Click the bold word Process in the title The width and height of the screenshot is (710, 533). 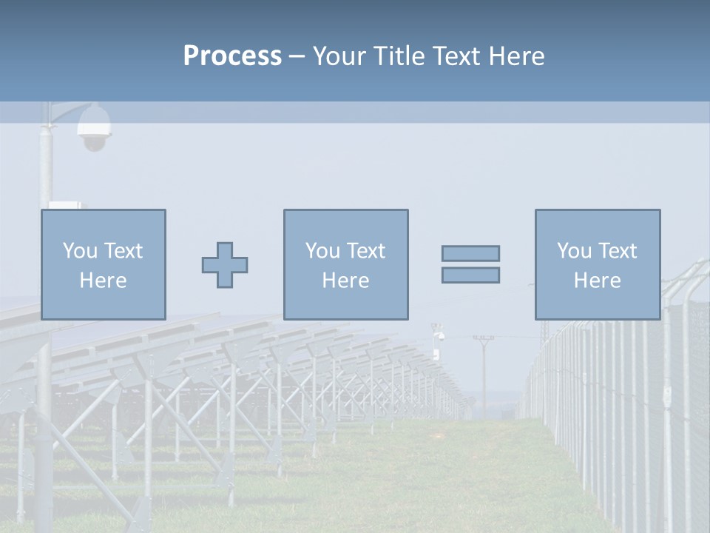point(232,56)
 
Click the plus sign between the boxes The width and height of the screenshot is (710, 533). point(225,265)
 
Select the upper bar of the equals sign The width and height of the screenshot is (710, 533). point(470,253)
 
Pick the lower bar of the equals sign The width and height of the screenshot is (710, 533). point(470,275)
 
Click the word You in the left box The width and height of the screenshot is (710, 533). point(81,251)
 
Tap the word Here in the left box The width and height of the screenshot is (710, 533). point(104,281)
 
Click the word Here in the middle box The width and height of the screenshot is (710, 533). point(346,281)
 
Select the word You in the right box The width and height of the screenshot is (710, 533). point(575,251)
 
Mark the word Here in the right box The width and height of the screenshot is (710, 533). point(598,281)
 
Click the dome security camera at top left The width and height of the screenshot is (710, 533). point(95,127)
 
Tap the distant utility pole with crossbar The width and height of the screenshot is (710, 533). point(483,370)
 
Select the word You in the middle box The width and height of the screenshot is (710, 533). point(323,251)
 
